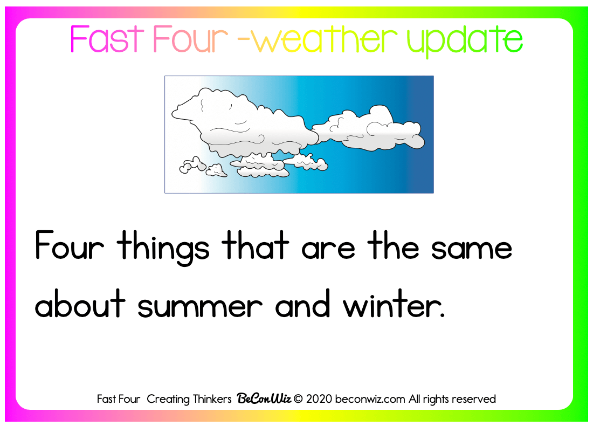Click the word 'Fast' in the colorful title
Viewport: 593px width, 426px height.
tap(107, 39)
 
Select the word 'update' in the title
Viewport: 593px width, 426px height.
tap(465, 41)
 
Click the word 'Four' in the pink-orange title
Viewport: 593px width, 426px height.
tap(191, 39)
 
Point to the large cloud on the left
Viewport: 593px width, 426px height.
tap(242, 125)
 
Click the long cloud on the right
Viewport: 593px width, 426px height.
tap(369, 129)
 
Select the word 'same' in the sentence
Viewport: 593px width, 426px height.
tap(472, 250)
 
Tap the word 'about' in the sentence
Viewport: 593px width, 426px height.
tap(80, 304)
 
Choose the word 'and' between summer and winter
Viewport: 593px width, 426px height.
tap(302, 304)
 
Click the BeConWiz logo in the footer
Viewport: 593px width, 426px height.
tap(264, 398)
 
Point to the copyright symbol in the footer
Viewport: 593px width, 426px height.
tap(299, 399)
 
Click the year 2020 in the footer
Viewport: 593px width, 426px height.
tap(319, 399)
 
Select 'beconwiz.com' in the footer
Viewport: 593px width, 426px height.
tap(370, 399)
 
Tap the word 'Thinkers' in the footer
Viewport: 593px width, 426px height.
tap(212, 399)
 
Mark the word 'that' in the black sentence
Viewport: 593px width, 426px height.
tap(256, 245)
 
